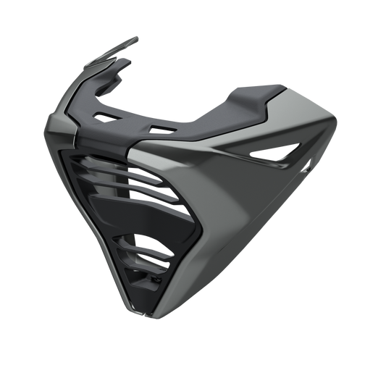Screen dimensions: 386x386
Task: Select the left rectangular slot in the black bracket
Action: (x=107, y=116)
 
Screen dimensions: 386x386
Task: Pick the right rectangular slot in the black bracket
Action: (x=161, y=129)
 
